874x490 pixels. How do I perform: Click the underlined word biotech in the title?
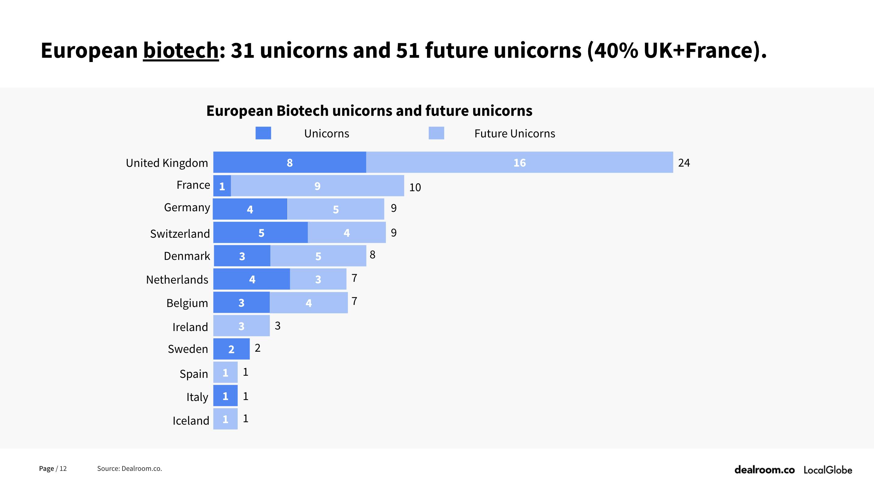(x=181, y=50)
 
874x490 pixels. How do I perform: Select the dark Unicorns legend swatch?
(x=263, y=133)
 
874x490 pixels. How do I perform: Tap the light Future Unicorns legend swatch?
(x=436, y=133)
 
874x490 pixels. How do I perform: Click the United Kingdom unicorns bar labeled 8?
(x=290, y=162)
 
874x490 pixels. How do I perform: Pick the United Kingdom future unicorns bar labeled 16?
(x=519, y=162)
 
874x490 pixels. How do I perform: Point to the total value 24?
(x=684, y=163)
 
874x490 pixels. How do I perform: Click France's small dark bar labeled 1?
(x=222, y=186)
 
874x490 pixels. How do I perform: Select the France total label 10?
(x=414, y=187)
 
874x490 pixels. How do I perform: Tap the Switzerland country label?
(x=180, y=234)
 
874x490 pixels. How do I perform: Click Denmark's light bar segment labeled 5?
(x=318, y=256)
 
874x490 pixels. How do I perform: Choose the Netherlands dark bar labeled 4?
(x=252, y=279)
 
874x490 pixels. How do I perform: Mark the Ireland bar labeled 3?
(x=241, y=326)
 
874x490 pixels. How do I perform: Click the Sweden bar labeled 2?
(x=231, y=349)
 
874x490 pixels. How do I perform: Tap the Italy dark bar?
(x=225, y=396)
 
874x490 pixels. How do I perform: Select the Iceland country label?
(x=191, y=420)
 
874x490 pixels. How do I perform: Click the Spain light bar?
(x=225, y=372)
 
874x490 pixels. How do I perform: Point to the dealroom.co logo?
(x=764, y=470)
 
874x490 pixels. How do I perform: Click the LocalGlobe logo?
(x=827, y=470)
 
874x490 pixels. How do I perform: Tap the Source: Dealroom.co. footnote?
(x=129, y=468)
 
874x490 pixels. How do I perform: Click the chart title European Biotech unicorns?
(x=369, y=111)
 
